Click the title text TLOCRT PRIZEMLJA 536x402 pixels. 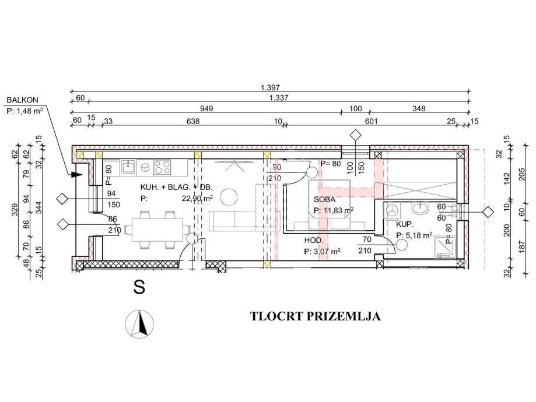315,317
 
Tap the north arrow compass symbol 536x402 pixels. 140,323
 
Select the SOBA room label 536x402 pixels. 325,199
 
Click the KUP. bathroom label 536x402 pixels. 405,224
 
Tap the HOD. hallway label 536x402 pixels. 314,240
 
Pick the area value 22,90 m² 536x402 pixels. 197,198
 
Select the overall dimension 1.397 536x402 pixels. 269,87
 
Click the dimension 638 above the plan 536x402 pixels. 192,121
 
